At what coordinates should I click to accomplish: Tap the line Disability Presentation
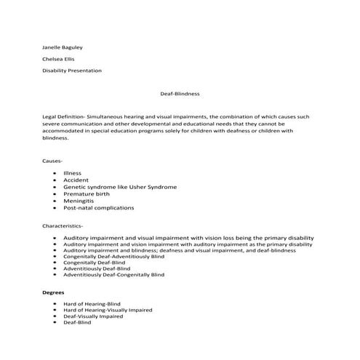pos(72,71)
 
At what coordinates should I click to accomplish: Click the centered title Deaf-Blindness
pos(180,94)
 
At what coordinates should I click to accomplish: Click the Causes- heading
pos(53,159)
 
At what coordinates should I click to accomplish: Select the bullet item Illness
pos(72,173)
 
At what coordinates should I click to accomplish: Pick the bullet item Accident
pos(76,180)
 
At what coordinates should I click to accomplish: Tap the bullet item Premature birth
pos(87,194)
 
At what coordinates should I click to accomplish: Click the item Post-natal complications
pos(98,208)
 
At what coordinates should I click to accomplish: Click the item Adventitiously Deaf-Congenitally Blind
pos(114,275)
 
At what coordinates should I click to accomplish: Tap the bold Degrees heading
pos(55,292)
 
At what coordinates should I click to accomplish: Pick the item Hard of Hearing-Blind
pos(93,303)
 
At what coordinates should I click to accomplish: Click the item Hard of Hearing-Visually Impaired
pos(108,310)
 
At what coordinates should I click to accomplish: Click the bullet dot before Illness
pos(56,173)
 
